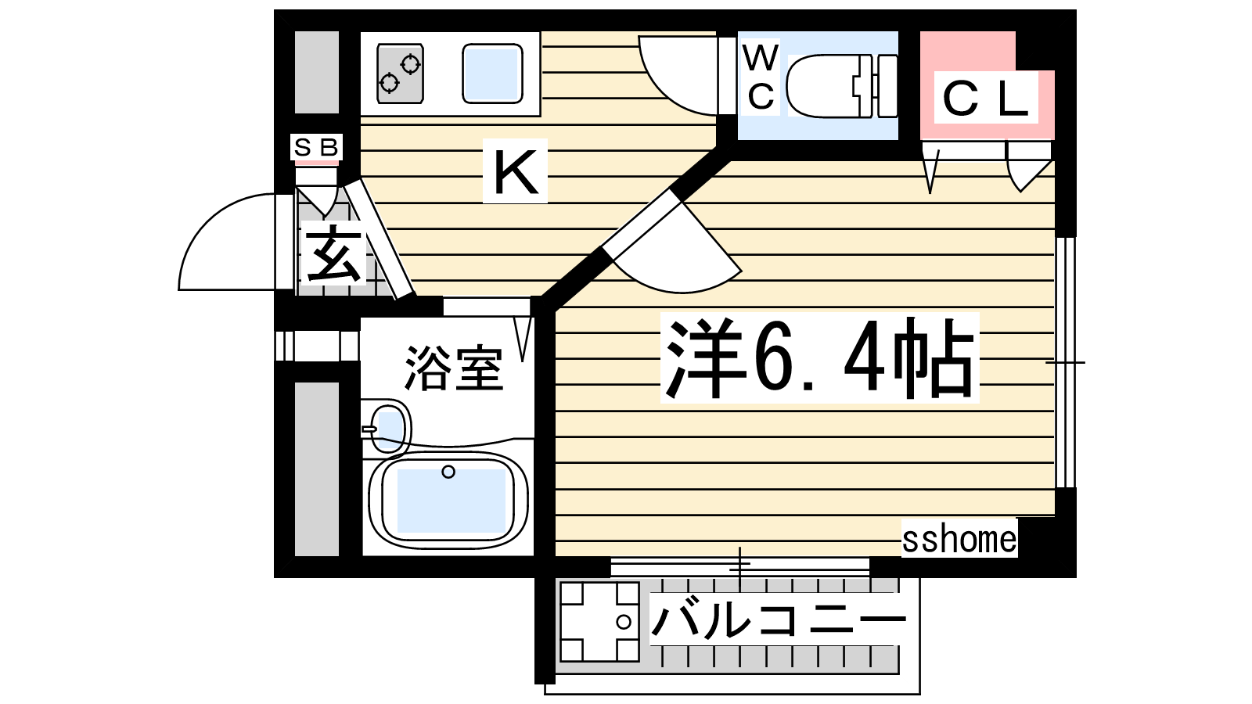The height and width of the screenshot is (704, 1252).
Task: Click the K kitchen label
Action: click(515, 171)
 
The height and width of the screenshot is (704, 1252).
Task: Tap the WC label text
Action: click(761, 77)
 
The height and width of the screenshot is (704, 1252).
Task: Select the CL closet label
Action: click(985, 99)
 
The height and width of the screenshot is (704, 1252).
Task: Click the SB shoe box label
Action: click(316, 147)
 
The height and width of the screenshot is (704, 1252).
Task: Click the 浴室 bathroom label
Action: click(453, 368)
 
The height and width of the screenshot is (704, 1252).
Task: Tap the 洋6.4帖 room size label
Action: click(818, 358)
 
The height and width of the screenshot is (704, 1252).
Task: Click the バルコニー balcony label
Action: click(778, 620)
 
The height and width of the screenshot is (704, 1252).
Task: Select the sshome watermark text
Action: click(959, 539)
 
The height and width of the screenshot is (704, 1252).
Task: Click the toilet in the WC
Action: click(841, 85)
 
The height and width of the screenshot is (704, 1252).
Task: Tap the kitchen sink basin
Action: click(492, 74)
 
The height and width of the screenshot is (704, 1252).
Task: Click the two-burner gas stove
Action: click(400, 74)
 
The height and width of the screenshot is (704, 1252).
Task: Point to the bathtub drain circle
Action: click(448, 472)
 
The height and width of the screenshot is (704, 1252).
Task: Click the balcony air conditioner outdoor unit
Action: click(599, 621)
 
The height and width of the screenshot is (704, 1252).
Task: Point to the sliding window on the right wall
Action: click(1066, 362)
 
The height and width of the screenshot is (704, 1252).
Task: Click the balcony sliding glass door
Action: click(740, 566)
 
